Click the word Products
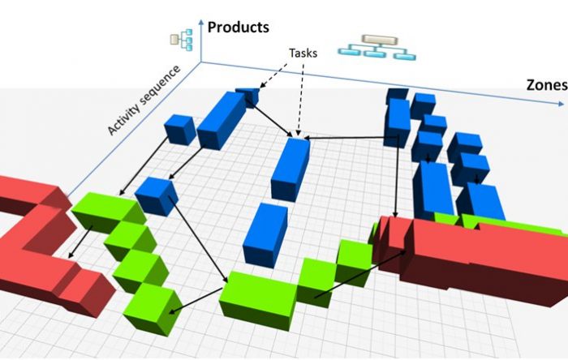pyautogui.click(x=238, y=28)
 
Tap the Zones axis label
pyautogui.click(x=547, y=85)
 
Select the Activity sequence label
pyautogui.click(x=144, y=100)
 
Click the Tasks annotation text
pyautogui.click(x=303, y=54)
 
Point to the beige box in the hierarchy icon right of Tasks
pyautogui.click(x=380, y=40)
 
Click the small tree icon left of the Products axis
pyautogui.click(x=182, y=40)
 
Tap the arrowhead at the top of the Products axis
pyautogui.click(x=201, y=23)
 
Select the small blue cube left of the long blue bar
pyautogui.click(x=180, y=130)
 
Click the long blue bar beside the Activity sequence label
pyautogui.click(x=221, y=120)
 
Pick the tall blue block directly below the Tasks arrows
pyautogui.click(x=290, y=169)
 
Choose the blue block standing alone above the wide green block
pyautogui.click(x=265, y=235)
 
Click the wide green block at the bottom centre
pyautogui.click(x=258, y=300)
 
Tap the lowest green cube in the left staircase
pyautogui.click(x=153, y=309)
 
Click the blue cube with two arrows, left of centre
pyautogui.click(x=157, y=197)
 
